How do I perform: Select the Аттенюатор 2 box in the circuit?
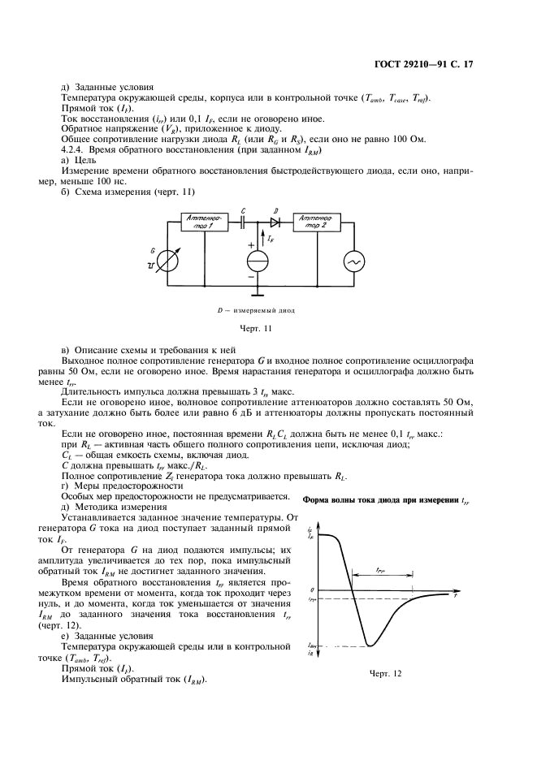314,223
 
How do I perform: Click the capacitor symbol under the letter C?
244,220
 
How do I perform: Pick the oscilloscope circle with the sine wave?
353,261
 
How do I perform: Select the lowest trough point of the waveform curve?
370,646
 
